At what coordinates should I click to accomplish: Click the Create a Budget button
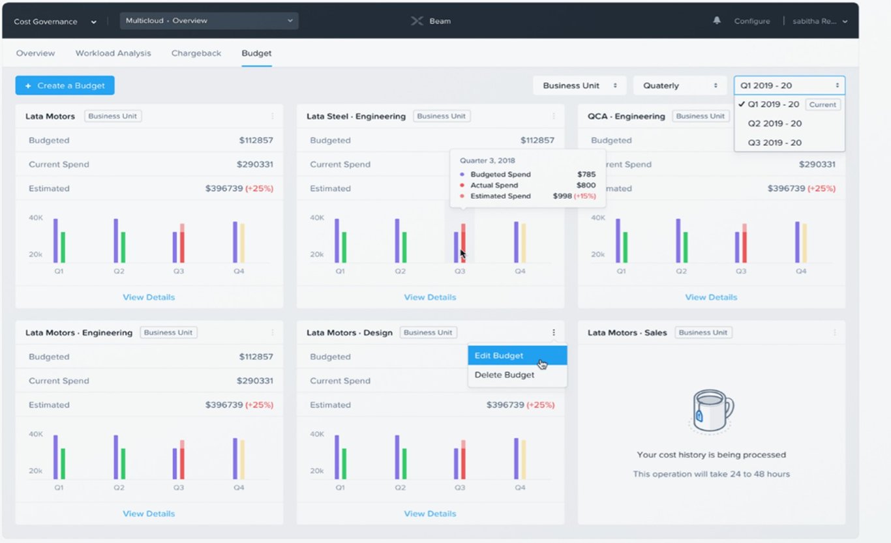[65, 85]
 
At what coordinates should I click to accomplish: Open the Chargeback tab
[196, 53]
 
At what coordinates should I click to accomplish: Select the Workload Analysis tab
[113, 53]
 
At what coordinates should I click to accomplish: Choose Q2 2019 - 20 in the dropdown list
[774, 123]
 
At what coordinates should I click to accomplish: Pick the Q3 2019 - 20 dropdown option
[774, 143]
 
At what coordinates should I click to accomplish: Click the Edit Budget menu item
[499, 356]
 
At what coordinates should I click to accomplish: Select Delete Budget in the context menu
[504, 375]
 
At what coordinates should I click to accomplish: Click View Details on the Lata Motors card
[149, 297]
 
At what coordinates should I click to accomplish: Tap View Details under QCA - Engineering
[711, 297]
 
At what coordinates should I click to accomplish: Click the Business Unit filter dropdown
[579, 85]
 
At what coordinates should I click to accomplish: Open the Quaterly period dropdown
[680, 85]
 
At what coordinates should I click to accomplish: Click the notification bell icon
[717, 21]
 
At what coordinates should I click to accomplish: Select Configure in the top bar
[751, 22]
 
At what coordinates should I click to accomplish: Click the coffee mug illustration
[712, 410]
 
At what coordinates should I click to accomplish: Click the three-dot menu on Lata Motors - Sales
[834, 332]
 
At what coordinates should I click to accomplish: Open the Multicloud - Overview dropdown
[209, 21]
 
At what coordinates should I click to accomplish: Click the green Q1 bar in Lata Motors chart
[63, 247]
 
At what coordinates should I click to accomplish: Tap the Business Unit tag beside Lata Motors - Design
[428, 332]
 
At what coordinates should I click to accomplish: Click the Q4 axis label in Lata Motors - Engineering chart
[239, 488]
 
